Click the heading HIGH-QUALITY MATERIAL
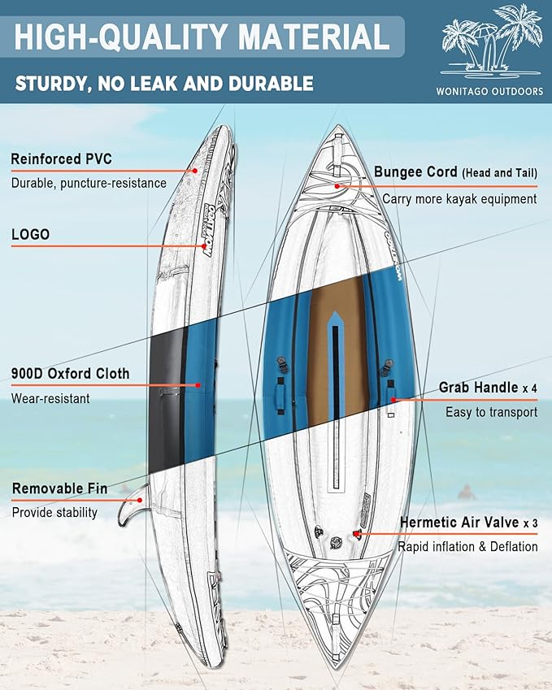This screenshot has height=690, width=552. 202,38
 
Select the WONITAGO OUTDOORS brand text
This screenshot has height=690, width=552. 492,92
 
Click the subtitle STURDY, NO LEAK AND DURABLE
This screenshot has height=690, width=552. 163,83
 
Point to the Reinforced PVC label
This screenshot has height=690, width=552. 61,158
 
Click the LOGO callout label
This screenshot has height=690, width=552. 30,234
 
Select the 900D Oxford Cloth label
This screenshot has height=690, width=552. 70,374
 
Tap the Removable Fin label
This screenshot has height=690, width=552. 59,488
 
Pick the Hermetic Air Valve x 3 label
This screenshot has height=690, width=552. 468,523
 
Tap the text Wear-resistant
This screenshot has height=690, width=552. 50,398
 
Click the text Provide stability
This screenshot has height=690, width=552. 54,513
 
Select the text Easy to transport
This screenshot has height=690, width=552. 491,412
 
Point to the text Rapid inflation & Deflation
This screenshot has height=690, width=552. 467,547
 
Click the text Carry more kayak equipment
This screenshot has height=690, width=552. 459,198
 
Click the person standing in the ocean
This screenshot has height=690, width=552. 466,492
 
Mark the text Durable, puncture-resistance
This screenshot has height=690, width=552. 89,183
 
